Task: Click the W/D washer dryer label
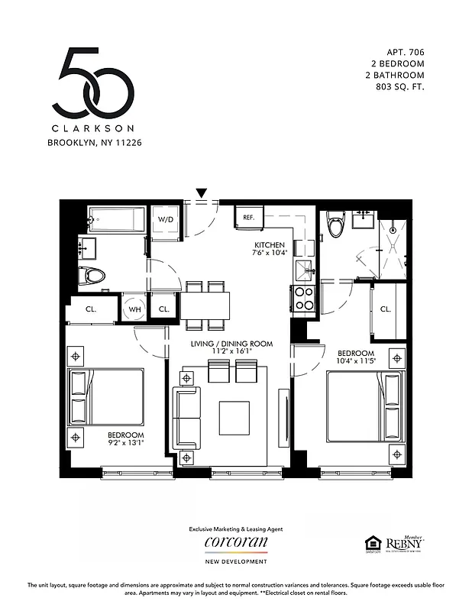point(165,219)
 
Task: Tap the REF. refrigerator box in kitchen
point(249,217)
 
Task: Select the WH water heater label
point(135,309)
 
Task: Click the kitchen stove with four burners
point(304,297)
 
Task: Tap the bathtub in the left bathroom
point(116,220)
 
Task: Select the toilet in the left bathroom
point(93,275)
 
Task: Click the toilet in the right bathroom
point(336,224)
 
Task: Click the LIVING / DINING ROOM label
point(231,344)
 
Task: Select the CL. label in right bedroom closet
point(386,309)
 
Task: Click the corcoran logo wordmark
point(236,542)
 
